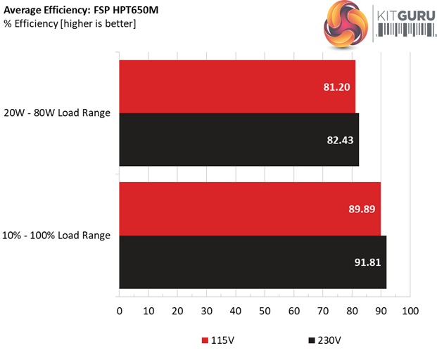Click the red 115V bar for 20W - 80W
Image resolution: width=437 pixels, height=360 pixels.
[x=237, y=86]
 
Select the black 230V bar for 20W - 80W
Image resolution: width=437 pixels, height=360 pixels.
[x=239, y=139]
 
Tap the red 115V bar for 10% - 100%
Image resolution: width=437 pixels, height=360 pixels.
[x=250, y=209]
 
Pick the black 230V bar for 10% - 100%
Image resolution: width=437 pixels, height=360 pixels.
[x=253, y=262]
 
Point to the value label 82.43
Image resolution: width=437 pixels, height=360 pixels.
[x=339, y=140]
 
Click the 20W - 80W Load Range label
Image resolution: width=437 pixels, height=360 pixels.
[x=57, y=112]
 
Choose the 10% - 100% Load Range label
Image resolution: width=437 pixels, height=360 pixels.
[x=57, y=236]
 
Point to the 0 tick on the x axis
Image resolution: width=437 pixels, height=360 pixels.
[x=120, y=310]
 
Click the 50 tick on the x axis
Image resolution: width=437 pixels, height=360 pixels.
[x=265, y=310]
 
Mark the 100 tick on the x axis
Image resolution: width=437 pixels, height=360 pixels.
[x=410, y=310]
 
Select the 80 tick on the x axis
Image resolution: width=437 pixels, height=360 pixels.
[x=352, y=310]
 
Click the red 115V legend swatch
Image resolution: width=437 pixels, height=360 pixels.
[x=205, y=341]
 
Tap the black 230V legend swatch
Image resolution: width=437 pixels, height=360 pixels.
[x=311, y=341]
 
